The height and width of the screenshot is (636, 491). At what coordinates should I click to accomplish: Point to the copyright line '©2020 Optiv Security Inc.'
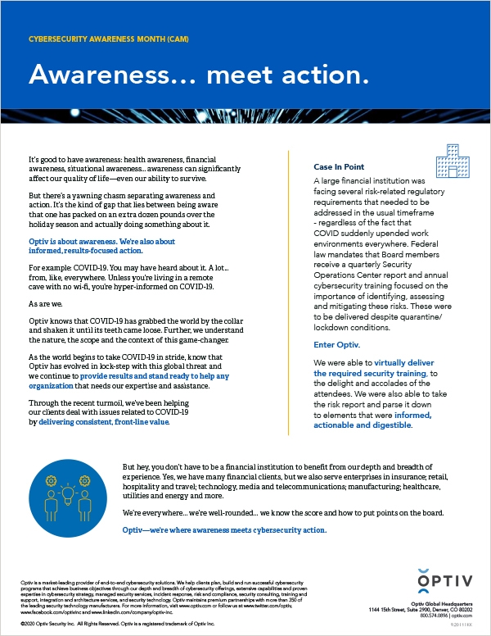[48, 623]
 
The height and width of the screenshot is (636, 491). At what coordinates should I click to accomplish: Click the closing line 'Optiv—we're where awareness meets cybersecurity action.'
[223, 530]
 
